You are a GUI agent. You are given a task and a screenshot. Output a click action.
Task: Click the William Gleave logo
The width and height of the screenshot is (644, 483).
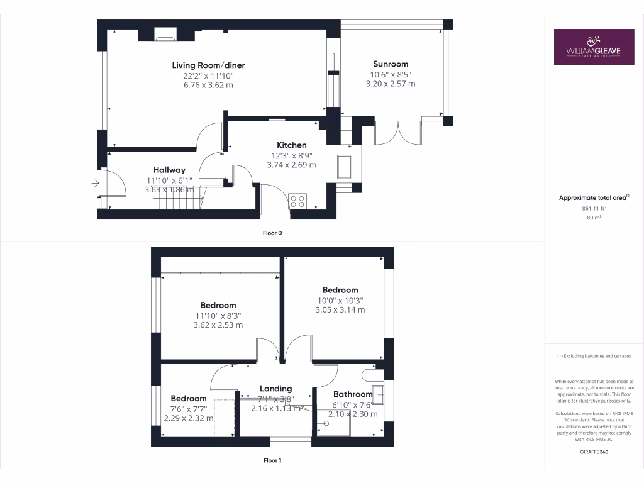tap(594, 47)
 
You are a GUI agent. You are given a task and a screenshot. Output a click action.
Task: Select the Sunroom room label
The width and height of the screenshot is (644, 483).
tap(391, 64)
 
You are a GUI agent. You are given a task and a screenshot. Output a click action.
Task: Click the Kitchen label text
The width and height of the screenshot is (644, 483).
tap(291, 145)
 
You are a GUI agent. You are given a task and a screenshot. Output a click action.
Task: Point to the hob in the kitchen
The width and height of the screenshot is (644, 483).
tap(297, 201)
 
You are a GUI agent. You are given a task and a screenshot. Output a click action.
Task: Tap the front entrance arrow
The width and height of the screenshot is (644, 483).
tap(95, 183)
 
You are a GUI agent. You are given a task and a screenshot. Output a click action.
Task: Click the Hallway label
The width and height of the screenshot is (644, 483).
tap(169, 170)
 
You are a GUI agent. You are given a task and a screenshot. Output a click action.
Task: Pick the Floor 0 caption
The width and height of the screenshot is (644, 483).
tap(272, 233)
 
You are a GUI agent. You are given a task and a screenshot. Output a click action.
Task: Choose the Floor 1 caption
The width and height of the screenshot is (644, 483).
tap(272, 460)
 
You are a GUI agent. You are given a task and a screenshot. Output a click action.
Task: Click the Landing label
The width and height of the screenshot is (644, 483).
tap(275, 389)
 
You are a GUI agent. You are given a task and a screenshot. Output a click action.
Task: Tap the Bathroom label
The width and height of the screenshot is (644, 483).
tap(353, 395)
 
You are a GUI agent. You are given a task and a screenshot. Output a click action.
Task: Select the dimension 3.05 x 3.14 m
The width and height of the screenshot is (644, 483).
tap(340, 309)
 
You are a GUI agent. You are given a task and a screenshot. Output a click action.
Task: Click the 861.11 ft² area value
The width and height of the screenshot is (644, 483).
tap(594, 208)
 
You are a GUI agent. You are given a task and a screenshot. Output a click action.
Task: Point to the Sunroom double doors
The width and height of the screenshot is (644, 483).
tap(398, 133)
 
